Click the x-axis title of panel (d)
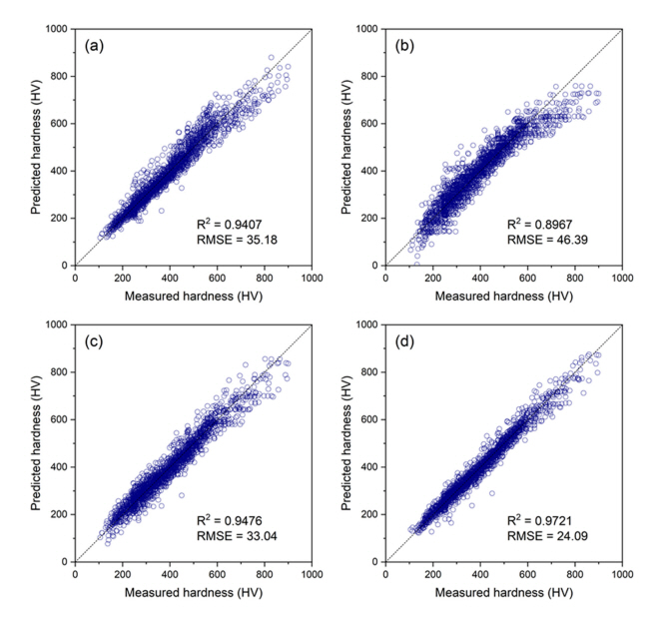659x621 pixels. click(x=505, y=592)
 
